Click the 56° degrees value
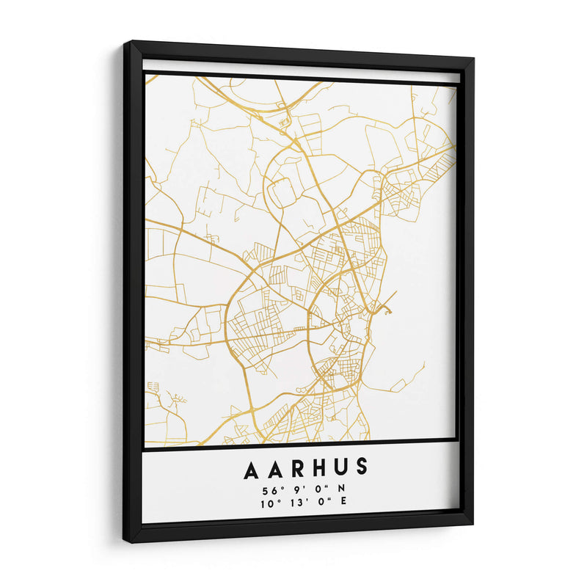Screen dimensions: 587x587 tap(269, 490)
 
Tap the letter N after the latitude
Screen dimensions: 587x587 tap(342, 490)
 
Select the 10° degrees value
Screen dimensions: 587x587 tap(267, 503)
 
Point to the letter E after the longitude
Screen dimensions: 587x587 tap(343, 503)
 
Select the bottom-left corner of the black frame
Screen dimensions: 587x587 tap(126, 541)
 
